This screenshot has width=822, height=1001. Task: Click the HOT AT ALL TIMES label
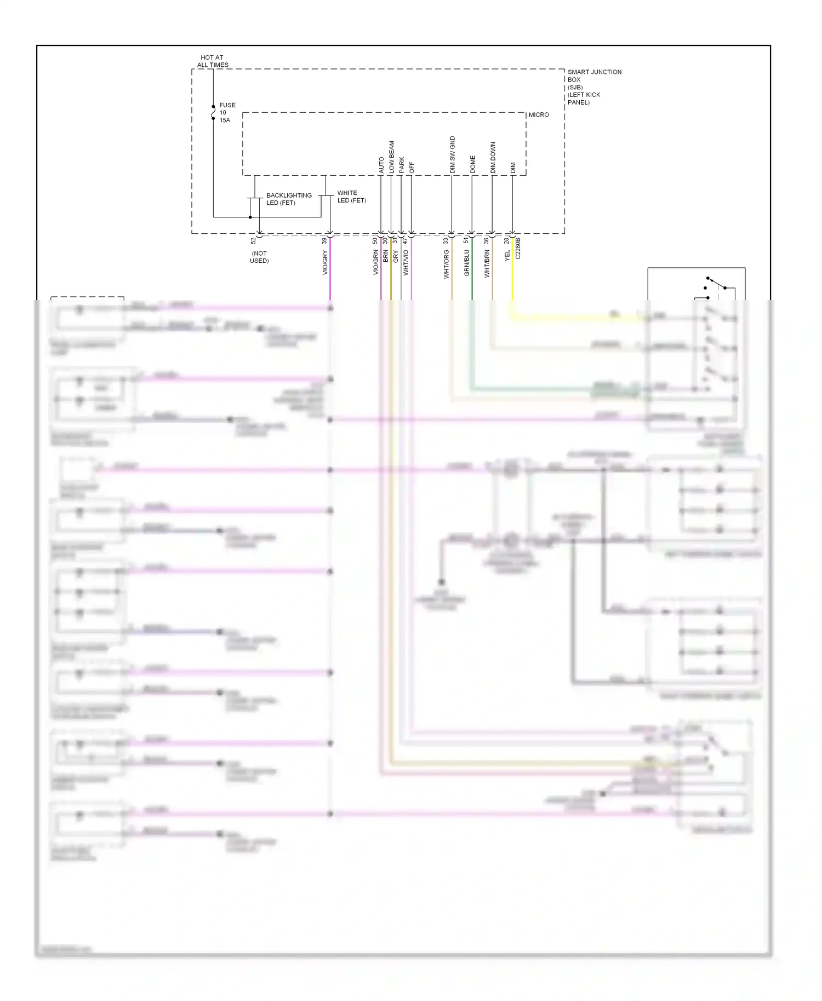coord(213,61)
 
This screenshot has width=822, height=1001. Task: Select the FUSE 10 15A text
coord(227,112)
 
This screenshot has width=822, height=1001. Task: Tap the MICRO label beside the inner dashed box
coord(538,114)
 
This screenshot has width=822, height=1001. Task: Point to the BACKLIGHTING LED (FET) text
coord(288,199)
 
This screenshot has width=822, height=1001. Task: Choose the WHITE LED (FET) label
coord(351,197)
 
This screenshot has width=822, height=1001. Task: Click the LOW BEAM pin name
coord(391,157)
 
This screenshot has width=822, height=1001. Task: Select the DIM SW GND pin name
coord(452,155)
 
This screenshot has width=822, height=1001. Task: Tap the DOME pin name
coord(472,164)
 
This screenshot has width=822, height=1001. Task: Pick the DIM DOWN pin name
coord(493,158)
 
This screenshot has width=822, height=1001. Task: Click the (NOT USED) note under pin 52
coord(259,257)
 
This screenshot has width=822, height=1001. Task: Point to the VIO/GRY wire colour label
coord(324,262)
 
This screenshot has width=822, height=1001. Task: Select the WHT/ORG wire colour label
coord(446,264)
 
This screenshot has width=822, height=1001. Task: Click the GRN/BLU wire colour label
coord(466,263)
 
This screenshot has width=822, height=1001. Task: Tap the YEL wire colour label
coord(507,255)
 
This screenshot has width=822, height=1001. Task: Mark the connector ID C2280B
coord(518,248)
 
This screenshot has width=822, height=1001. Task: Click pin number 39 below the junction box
coord(324,240)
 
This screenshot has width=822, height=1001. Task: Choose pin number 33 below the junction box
coord(446,240)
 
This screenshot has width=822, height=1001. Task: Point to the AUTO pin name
coord(381,165)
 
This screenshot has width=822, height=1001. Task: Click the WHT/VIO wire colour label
coord(406,262)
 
